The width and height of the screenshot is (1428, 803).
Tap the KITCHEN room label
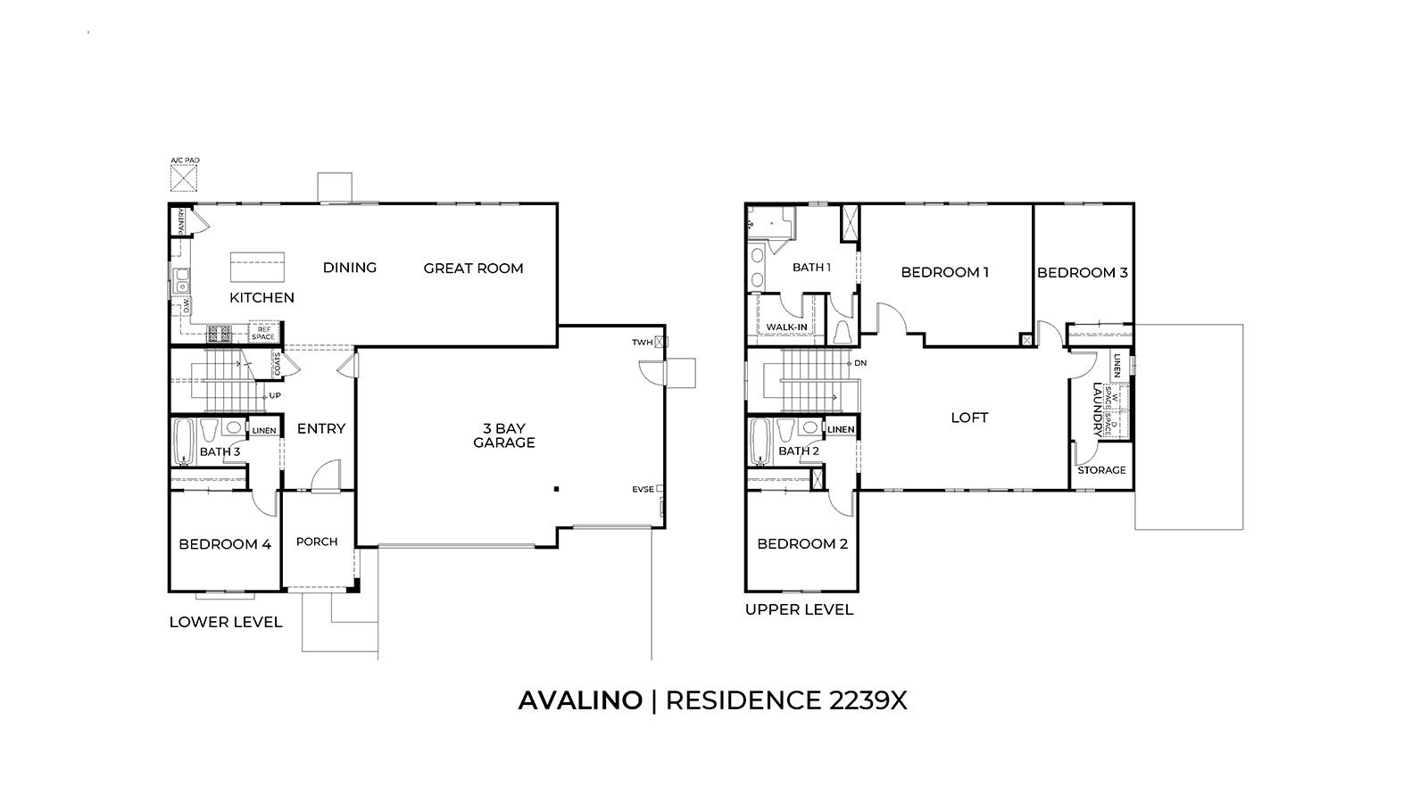point(262,298)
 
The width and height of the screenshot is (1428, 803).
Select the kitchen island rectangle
point(258,267)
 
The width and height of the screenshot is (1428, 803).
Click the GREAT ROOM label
point(473,269)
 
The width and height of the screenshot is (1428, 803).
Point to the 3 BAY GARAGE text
point(503,435)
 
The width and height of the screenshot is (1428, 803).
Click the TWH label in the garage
point(643,342)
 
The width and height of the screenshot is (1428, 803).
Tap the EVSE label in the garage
point(643,489)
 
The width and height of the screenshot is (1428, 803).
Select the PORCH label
point(317,542)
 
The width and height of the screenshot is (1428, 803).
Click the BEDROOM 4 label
point(224,544)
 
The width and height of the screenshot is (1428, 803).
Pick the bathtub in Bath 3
point(183,443)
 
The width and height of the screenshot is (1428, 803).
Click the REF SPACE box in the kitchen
point(264,333)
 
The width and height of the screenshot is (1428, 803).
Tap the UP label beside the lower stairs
point(276,395)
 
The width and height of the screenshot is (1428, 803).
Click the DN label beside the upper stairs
point(860,364)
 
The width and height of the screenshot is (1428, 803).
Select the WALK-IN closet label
point(786,327)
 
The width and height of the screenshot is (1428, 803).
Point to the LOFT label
point(969,418)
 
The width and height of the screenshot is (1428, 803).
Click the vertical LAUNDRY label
point(1097,410)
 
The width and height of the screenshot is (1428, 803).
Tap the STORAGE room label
point(1101,470)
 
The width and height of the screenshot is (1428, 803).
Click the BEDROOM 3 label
point(1082,273)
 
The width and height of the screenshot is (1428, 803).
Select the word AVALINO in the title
point(579,700)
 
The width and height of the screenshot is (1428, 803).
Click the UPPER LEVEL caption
point(799,610)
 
